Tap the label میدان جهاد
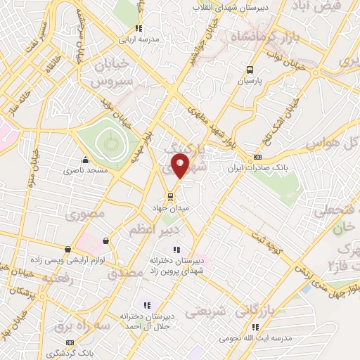click(168, 208)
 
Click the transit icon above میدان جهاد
click(169, 196)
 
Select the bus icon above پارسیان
click(250, 69)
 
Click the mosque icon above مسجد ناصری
click(85, 159)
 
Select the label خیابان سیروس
click(109, 72)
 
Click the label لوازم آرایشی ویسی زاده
click(45, 260)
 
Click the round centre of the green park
click(110, 143)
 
